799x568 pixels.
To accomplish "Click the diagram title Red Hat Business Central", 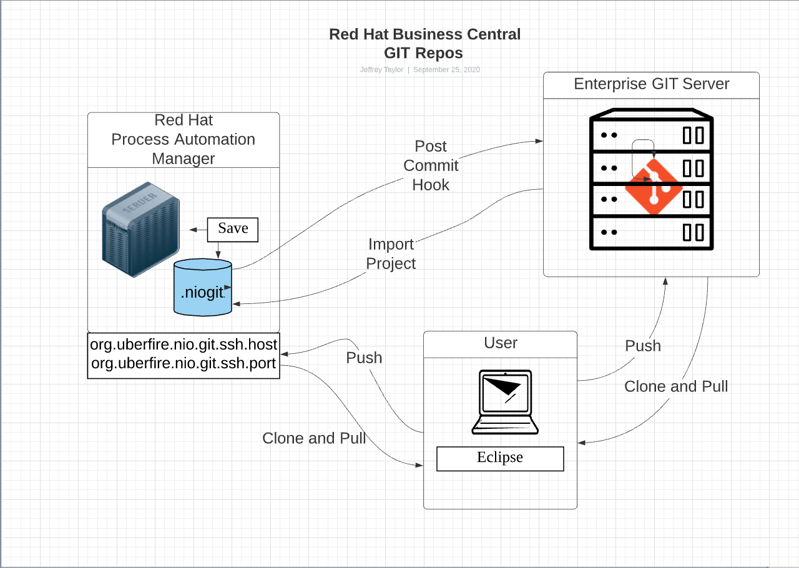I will tap(424, 34).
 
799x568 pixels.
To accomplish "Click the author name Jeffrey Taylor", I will tap(381, 70).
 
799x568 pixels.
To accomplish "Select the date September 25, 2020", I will tap(446, 70).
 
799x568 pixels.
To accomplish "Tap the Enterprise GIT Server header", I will tap(651, 84).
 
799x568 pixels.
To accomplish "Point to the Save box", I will tap(233, 229).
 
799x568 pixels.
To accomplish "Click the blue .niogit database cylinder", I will tap(202, 288).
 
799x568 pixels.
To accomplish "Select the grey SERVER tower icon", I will tap(141, 229).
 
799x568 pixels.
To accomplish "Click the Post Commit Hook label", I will tap(431, 165).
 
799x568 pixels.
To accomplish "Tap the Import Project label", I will tap(391, 253).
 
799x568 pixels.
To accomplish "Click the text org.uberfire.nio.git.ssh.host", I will tap(184, 344).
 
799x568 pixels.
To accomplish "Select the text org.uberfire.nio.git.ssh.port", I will tap(184, 364).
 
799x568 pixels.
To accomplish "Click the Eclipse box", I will tap(500, 458).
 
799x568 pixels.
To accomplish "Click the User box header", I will tap(501, 343).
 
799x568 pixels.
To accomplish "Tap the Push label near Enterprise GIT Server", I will tap(643, 346).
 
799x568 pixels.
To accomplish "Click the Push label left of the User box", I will tap(364, 358).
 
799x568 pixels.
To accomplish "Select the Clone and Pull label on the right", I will tap(676, 386).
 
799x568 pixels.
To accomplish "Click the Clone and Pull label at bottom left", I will tap(314, 438).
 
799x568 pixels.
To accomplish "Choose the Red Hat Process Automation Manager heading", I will tap(184, 139).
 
